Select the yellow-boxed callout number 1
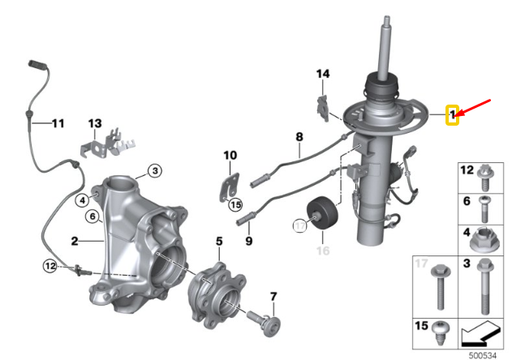click(453, 116)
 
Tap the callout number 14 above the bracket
click(323, 74)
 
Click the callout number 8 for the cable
click(299, 136)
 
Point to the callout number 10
click(230, 155)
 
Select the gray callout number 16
click(322, 251)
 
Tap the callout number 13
click(95, 123)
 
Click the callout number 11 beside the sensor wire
click(57, 123)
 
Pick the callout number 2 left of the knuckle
click(74, 241)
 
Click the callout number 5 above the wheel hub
click(218, 241)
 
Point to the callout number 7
click(273, 296)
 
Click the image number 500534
click(482, 353)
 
